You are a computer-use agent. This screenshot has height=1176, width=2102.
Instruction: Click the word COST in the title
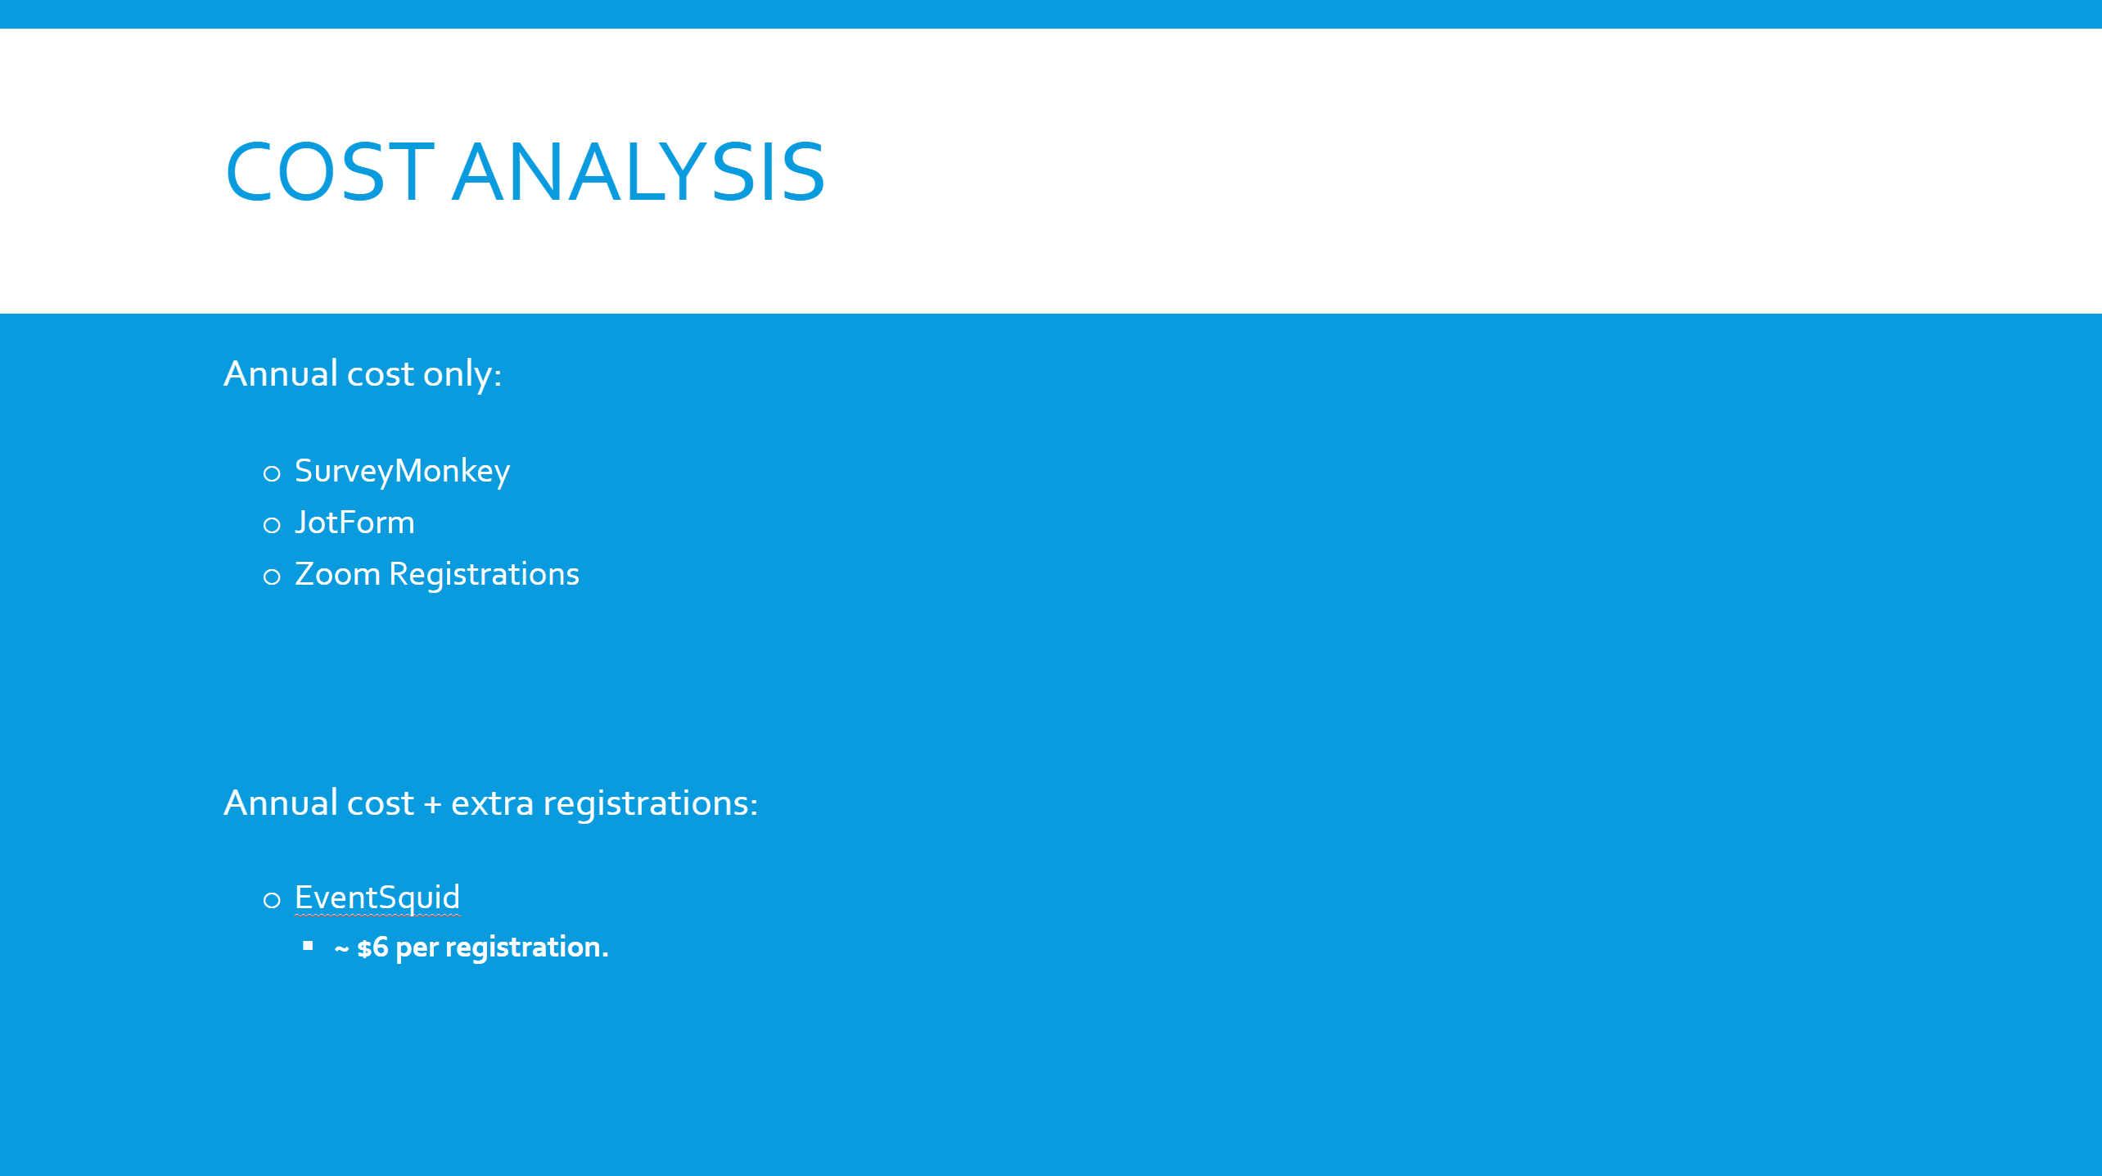coord(330,172)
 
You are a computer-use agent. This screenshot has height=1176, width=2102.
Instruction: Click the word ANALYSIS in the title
coord(638,172)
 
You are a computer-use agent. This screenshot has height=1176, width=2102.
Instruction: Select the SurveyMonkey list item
coord(402,472)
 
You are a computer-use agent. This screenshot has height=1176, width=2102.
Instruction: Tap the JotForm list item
coord(354,522)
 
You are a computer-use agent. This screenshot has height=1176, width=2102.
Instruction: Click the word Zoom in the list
coord(337,574)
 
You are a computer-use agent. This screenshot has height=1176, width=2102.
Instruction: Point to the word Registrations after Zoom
coord(484,575)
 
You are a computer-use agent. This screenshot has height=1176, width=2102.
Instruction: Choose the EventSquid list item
coord(377,898)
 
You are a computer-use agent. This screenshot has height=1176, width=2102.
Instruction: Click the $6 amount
coord(372,948)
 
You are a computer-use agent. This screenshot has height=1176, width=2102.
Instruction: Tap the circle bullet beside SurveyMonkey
coord(272,473)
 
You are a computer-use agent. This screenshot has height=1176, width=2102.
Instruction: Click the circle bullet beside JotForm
coord(272,525)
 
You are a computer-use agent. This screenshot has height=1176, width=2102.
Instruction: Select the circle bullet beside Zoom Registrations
coord(272,577)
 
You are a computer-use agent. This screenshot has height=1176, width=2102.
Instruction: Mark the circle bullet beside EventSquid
coord(272,901)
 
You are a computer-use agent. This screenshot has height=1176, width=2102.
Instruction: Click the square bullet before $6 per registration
coord(308,946)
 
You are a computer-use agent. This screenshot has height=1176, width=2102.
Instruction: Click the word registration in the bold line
coord(523,948)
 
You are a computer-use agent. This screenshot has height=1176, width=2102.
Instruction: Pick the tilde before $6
coord(341,949)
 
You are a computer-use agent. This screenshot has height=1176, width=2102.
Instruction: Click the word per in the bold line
coord(417,949)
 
